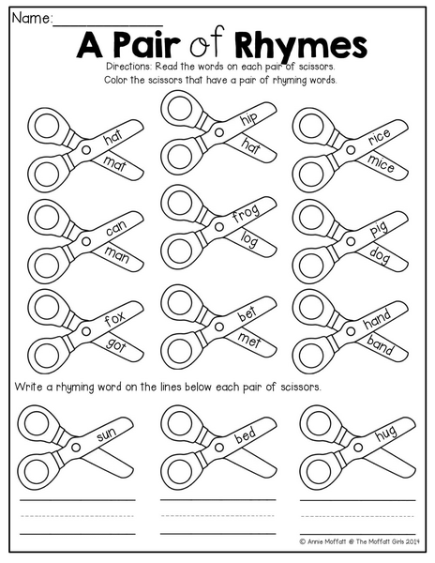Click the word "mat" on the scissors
pos(115,163)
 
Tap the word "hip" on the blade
pos(248,118)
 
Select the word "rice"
pos(379,136)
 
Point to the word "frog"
pos(246,213)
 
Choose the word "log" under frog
pos(248,239)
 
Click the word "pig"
pos(379,229)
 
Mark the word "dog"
pos(380,255)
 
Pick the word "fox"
pos(114,318)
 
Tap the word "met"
pos(248,340)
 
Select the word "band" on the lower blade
pos(380,345)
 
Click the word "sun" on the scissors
pos(107,434)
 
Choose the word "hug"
pos(386,433)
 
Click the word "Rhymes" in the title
pos(301,45)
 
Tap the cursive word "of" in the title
pos(207,42)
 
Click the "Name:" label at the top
pos(32,19)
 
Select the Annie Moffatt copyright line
pos(359,541)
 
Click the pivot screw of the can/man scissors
pos(86,241)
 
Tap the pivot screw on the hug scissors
pos(357,448)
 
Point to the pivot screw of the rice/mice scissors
pos(351,149)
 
